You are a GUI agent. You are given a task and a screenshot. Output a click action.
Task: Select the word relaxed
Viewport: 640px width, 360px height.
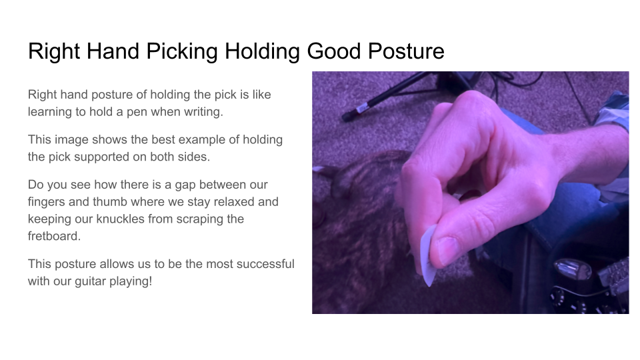pos(256,201)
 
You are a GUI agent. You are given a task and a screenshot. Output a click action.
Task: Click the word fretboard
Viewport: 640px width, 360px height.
pos(55,236)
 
